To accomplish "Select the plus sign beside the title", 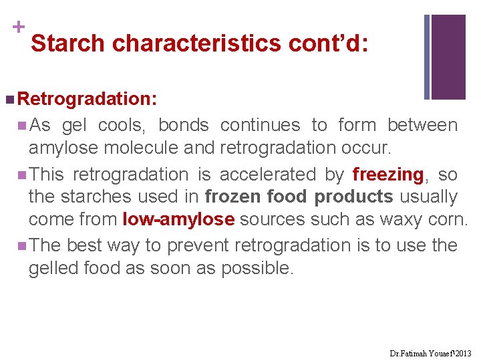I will (18, 27).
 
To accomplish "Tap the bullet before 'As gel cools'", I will (23, 125).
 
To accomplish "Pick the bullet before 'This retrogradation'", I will (23, 175).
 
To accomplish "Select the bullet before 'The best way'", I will (23, 245).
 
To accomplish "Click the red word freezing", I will (387, 175).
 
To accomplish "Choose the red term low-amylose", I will (178, 220).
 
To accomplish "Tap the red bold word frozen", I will (233, 197).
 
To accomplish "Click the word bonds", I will (184, 125).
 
